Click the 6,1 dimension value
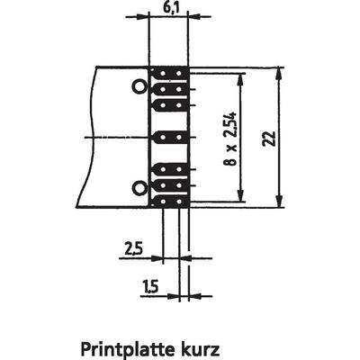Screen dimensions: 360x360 click(x=171, y=8)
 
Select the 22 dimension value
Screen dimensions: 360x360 click(x=269, y=139)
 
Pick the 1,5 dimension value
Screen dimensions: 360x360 click(x=149, y=287)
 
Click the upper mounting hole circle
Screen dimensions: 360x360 click(x=139, y=87)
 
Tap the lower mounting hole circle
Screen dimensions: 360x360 click(x=139, y=188)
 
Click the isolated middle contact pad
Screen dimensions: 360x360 click(x=171, y=138)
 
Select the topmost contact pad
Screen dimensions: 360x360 click(x=169, y=73)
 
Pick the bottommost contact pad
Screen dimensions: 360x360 click(x=169, y=202)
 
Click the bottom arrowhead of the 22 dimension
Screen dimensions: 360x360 click(x=279, y=201)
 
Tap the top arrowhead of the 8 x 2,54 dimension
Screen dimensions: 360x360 click(x=240, y=80)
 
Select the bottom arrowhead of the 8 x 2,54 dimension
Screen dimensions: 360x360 click(x=240, y=194)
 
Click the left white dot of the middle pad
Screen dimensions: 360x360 click(x=163, y=138)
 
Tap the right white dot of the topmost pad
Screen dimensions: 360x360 click(x=179, y=74)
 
